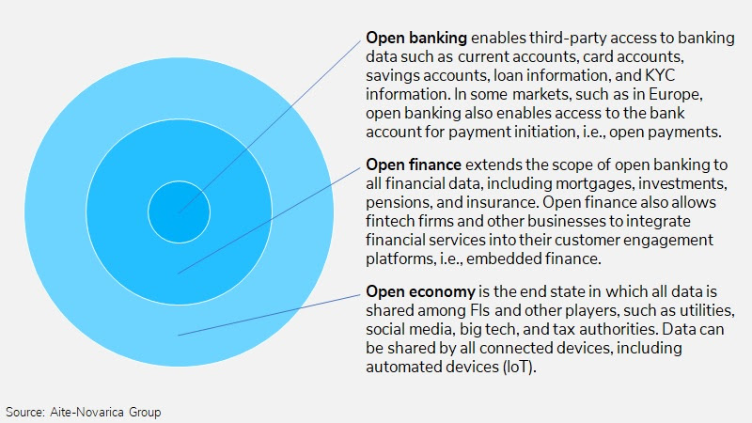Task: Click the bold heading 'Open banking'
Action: [416, 38]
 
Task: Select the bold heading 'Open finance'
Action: [414, 164]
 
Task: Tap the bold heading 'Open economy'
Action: [420, 291]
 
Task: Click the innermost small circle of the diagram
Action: [179, 212]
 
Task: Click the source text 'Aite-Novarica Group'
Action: [105, 412]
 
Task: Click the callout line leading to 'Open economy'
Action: [269, 315]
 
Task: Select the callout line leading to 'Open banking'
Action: [270, 127]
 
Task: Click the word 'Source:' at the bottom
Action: [25, 412]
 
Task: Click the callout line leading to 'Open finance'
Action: [269, 221]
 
